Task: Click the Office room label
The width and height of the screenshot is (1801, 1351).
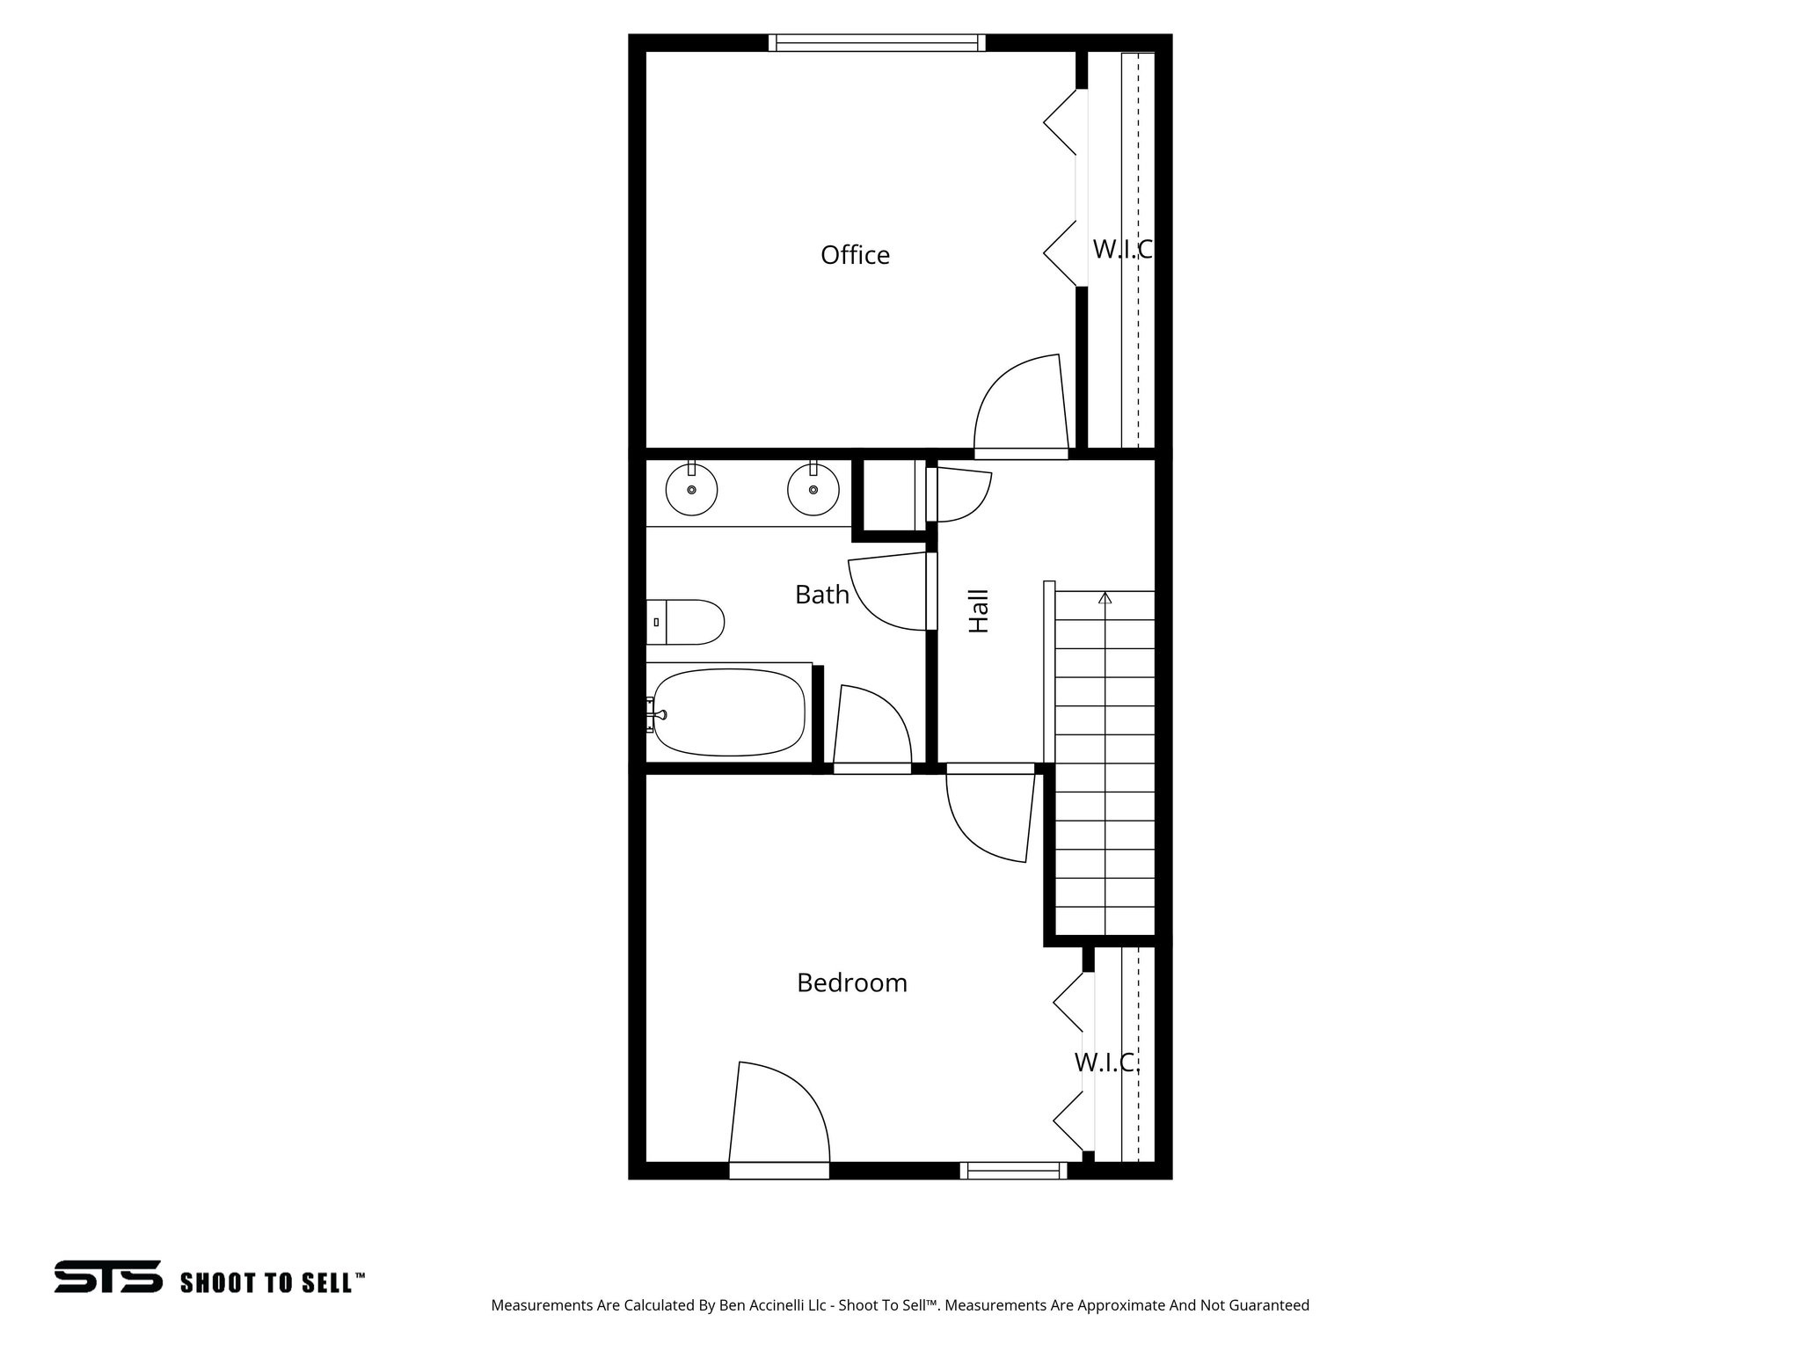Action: tap(855, 255)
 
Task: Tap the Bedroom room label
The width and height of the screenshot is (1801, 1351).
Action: tap(851, 982)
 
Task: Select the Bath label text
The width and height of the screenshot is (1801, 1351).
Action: tap(821, 595)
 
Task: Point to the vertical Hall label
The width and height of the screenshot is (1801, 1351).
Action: tap(979, 610)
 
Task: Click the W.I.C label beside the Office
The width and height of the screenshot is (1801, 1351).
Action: tap(1122, 250)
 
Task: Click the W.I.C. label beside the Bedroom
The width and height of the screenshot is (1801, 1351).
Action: tap(1106, 1063)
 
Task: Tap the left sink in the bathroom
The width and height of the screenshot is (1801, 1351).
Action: tap(691, 490)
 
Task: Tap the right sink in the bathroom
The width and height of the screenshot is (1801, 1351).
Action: tap(813, 490)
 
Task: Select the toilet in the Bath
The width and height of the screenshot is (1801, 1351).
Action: tap(685, 622)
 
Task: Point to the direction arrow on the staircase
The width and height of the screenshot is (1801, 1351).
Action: tap(1105, 598)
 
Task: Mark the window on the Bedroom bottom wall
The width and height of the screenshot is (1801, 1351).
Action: tap(1013, 1170)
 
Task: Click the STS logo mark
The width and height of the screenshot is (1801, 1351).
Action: tap(108, 1276)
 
